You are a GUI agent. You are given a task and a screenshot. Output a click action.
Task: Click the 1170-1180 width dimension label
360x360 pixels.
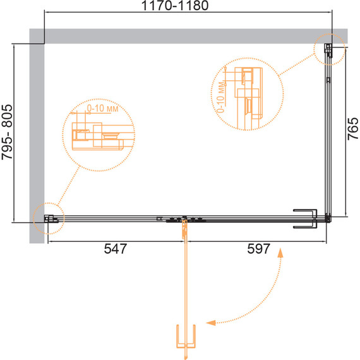[175, 6]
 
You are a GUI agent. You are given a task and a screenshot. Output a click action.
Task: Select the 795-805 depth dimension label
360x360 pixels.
[7, 132]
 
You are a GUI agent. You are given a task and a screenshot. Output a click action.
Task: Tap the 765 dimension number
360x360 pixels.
[353, 129]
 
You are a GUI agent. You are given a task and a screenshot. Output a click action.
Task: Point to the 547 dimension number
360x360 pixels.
[115, 249]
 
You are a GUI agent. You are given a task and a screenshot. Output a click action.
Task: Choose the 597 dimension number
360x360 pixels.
[258, 249]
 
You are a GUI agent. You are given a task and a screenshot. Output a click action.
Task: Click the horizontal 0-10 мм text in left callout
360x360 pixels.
[102, 109]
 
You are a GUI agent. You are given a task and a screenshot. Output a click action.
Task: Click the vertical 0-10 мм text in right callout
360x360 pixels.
[220, 97]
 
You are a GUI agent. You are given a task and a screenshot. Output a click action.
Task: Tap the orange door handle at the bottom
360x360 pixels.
[186, 337]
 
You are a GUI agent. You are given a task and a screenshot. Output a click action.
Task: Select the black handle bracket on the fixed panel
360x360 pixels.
[305, 219]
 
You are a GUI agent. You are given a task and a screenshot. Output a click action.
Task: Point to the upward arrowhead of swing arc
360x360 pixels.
[280, 253]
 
